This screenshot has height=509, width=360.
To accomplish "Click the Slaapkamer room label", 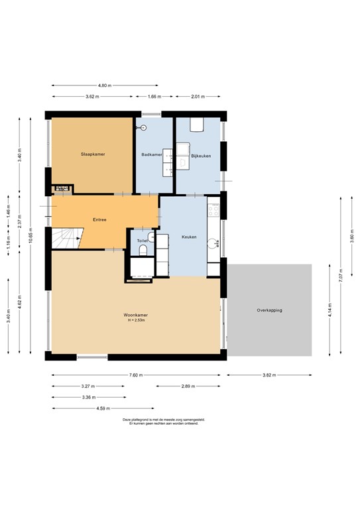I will tap(93, 154).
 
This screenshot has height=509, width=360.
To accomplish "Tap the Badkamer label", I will tap(151, 154).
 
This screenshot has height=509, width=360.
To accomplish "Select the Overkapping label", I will tap(270, 310).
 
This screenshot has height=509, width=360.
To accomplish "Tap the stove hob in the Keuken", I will tap(213, 211).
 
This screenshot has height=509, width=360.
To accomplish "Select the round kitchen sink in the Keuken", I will tap(213, 243).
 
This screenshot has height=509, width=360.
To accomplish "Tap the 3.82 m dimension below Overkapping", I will tap(269, 375).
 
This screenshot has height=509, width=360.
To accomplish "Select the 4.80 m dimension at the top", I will tap(104, 85).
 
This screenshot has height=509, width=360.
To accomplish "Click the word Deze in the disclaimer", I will tap(127, 420).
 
